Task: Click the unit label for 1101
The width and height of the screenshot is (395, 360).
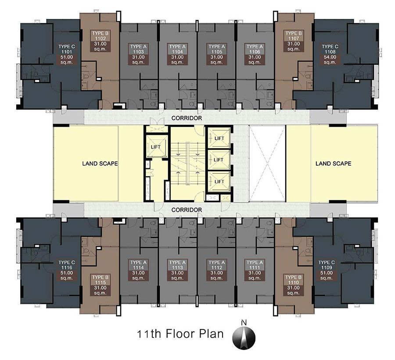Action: click(67, 54)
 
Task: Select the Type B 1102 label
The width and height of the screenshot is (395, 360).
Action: click(100, 41)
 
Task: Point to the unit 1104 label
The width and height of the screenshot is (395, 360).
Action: click(177, 54)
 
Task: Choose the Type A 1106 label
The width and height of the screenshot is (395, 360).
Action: click(255, 54)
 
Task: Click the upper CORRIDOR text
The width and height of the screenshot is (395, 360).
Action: click(187, 118)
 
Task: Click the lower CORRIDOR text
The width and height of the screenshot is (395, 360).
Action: click(187, 210)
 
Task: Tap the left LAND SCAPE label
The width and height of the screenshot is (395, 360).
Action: click(100, 164)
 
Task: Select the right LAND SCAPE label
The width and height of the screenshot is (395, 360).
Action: click(333, 164)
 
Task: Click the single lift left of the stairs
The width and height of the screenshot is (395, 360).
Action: click(156, 146)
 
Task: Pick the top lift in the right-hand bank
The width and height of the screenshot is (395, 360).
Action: click(219, 138)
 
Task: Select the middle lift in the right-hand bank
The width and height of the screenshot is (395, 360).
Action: click(219, 160)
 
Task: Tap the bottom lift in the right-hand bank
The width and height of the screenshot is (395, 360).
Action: click(219, 182)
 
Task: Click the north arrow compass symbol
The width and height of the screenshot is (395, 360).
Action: click(244, 336)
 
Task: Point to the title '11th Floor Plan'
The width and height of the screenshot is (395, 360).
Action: click(180, 334)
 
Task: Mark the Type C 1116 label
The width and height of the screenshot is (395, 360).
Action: click(67, 270)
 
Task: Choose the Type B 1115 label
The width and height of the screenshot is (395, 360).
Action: click(100, 285)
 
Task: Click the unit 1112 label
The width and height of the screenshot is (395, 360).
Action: click(217, 270)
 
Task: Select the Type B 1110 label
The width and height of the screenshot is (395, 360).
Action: click(294, 285)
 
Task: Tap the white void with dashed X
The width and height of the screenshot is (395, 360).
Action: click(267, 164)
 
